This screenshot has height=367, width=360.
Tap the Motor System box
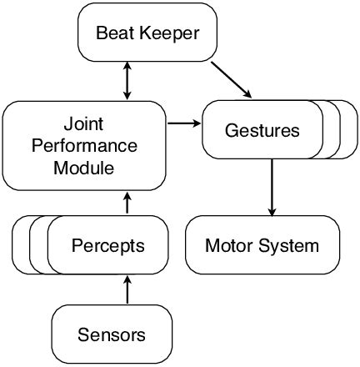coord(262,245)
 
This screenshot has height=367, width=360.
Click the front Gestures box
coord(262,130)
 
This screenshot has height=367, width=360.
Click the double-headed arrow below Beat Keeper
coord(126,82)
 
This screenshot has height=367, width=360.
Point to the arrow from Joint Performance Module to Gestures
coord(184,124)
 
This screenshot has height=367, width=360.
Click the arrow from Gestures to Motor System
coord(271,186)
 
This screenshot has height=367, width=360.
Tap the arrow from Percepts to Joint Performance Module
coord(126,203)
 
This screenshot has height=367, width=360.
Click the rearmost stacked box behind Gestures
coord(349,130)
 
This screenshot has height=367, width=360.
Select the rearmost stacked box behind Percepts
coord(21,245)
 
